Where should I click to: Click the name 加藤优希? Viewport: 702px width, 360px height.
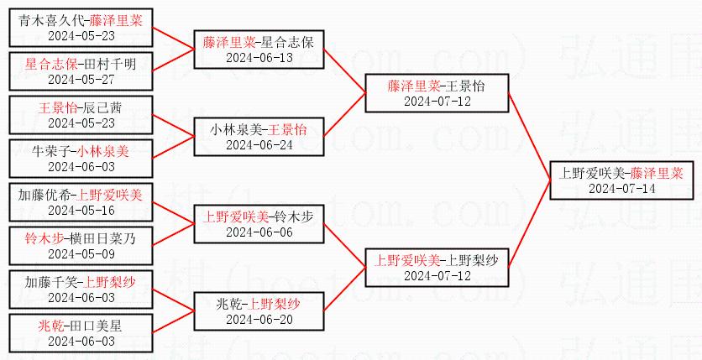pos(45,196)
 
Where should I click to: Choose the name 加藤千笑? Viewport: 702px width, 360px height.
pos(45,283)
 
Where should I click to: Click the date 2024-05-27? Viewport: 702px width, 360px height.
pos(81,80)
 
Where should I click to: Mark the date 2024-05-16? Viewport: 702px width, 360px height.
pos(81,211)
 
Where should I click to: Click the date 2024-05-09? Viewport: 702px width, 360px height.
pos(81,254)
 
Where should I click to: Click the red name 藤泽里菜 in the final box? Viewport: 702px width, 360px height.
pos(656,174)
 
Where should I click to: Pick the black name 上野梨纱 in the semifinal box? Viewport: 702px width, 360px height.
pos(473,261)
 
